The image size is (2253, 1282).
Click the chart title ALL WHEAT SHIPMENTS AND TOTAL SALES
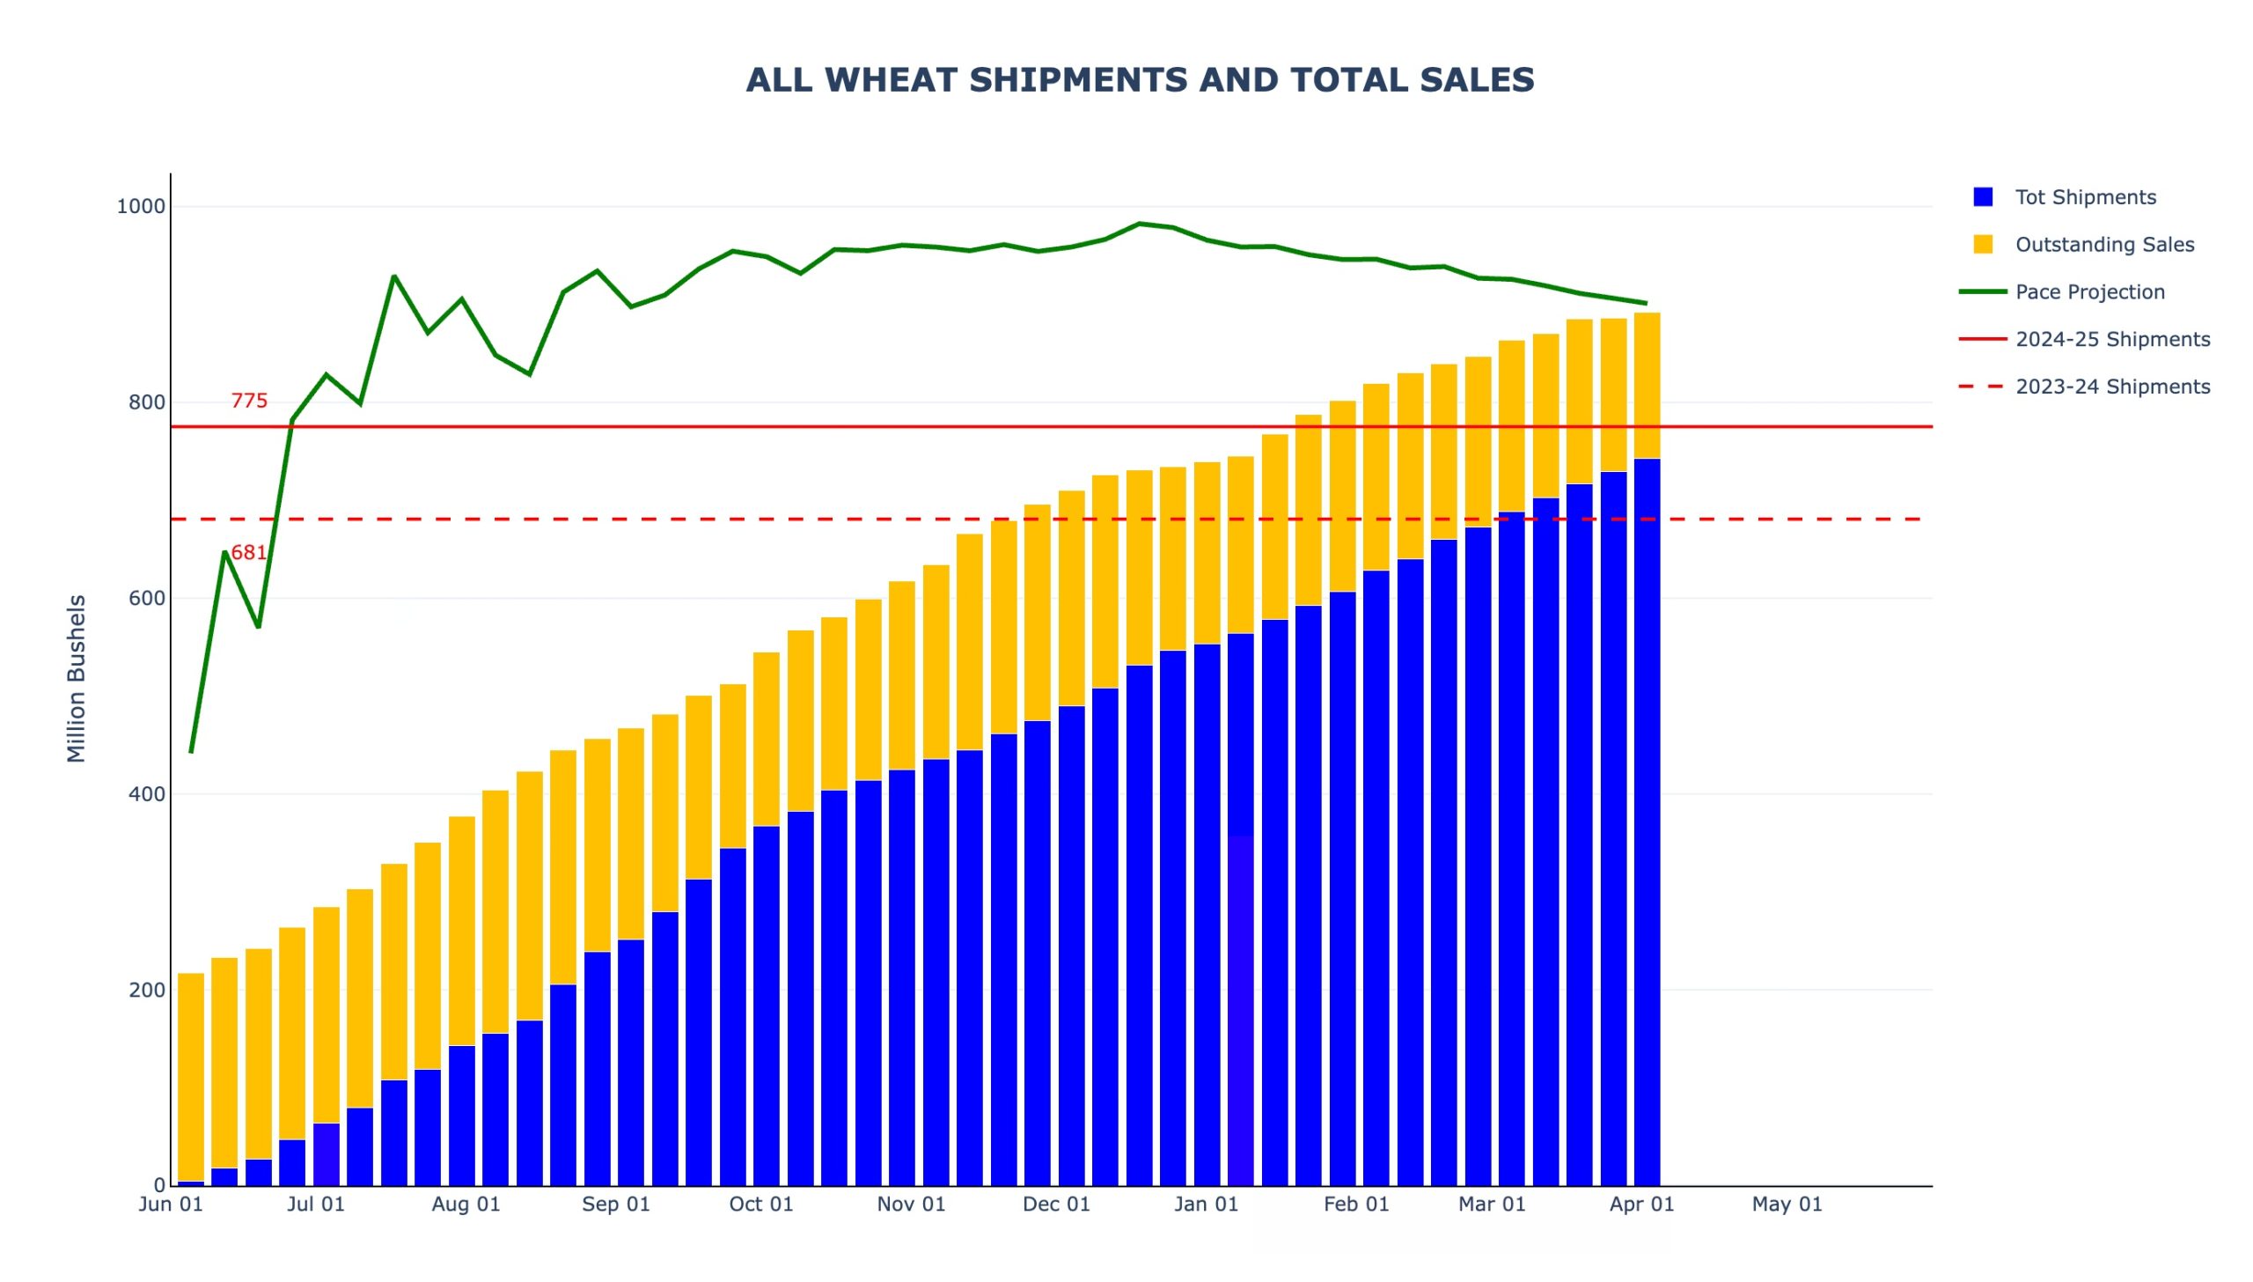1140,80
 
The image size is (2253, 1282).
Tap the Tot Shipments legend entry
2084,197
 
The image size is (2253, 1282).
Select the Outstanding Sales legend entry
2103,245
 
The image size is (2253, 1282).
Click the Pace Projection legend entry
2089,292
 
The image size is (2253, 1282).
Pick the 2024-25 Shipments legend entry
2111,340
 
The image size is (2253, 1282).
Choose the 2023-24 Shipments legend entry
2111,387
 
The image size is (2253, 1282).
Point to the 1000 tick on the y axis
141,207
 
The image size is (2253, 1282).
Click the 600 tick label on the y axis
146,599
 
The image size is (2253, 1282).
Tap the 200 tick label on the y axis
146,991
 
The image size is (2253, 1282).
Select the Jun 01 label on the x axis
171,1205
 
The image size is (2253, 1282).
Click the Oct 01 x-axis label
761,1205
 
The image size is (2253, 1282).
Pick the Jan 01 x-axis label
1206,1205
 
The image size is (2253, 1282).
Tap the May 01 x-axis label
1787,1205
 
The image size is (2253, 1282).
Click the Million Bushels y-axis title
77,678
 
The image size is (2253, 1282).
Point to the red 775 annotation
249,402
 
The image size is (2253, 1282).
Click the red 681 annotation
249,553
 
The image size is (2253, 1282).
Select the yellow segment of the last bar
1647,386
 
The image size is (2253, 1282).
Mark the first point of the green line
191,752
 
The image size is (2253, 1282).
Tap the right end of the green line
1646,304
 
